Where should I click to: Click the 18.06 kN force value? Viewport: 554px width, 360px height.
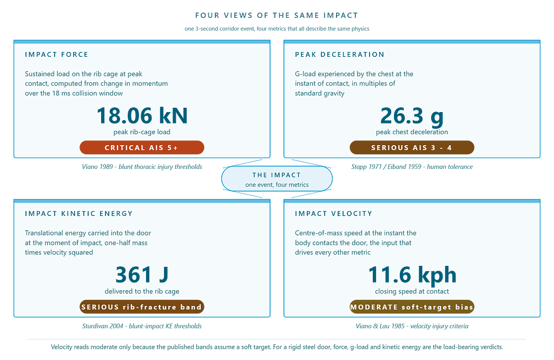tap(142, 116)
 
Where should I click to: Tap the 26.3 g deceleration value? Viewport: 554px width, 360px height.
tap(412, 116)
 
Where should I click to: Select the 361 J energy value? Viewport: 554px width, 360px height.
tap(142, 275)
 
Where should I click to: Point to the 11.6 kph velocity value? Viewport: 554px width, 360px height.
tap(412, 276)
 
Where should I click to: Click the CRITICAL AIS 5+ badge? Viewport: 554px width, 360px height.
tap(142, 147)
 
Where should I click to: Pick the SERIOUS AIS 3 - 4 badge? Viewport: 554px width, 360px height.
tap(412, 147)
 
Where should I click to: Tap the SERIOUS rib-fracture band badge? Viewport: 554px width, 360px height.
tap(142, 307)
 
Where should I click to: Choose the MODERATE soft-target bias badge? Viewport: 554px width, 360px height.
tap(412, 307)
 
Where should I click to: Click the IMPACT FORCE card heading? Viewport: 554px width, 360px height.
tap(56, 55)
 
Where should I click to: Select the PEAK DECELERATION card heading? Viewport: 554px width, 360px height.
tap(340, 55)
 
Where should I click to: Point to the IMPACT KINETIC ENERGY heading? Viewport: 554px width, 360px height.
tap(79, 214)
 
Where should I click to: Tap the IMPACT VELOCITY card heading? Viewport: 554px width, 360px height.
tap(333, 214)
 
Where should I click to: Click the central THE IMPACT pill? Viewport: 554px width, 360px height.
tap(277, 179)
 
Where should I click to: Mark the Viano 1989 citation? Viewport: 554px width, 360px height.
tap(142, 167)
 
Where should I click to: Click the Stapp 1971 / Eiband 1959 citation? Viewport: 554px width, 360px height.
tap(412, 167)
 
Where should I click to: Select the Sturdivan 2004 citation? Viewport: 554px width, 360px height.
tap(142, 326)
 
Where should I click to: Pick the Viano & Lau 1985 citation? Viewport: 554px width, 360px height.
tap(412, 326)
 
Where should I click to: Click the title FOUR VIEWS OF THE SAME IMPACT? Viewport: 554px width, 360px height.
tap(277, 16)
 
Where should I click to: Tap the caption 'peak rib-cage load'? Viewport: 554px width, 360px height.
tap(142, 132)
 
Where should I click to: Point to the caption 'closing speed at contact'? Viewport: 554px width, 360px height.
tap(412, 291)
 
